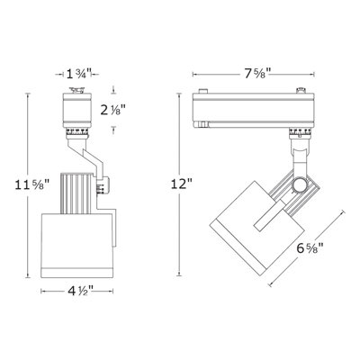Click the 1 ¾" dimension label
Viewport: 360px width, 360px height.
point(76,74)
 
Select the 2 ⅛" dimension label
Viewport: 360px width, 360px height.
point(112,111)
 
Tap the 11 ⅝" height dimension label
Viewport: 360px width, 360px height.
point(32,184)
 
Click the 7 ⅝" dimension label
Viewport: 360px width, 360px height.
point(257,74)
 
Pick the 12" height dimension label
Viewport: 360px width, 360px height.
point(182,184)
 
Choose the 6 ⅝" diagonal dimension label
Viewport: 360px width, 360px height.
point(310,248)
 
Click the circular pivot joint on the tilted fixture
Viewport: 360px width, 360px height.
point(300,185)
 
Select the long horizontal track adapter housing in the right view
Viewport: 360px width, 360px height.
point(253,110)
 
